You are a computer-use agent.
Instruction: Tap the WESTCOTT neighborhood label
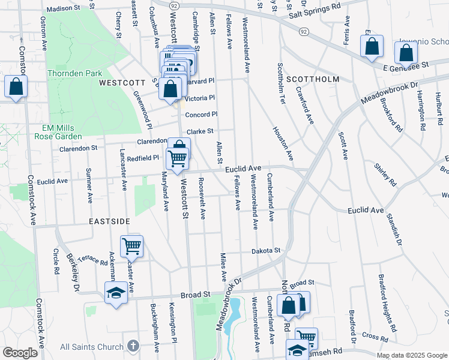(x=122, y=82)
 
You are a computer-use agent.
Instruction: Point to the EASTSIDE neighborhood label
(x=109, y=221)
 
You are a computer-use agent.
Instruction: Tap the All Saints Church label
(x=92, y=347)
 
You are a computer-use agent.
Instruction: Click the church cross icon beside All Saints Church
(x=133, y=346)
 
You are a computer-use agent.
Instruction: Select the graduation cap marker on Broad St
(x=114, y=293)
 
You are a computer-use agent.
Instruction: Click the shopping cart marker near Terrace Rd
(x=131, y=246)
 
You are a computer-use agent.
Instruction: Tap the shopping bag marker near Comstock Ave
(x=16, y=86)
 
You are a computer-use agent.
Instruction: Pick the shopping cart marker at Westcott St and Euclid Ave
(x=178, y=159)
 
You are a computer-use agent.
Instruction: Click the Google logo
(x=20, y=353)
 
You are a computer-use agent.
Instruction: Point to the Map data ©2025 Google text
(x=412, y=356)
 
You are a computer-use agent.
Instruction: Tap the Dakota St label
(x=266, y=250)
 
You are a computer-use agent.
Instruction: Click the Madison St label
(x=63, y=9)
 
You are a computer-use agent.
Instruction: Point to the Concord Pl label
(x=200, y=115)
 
